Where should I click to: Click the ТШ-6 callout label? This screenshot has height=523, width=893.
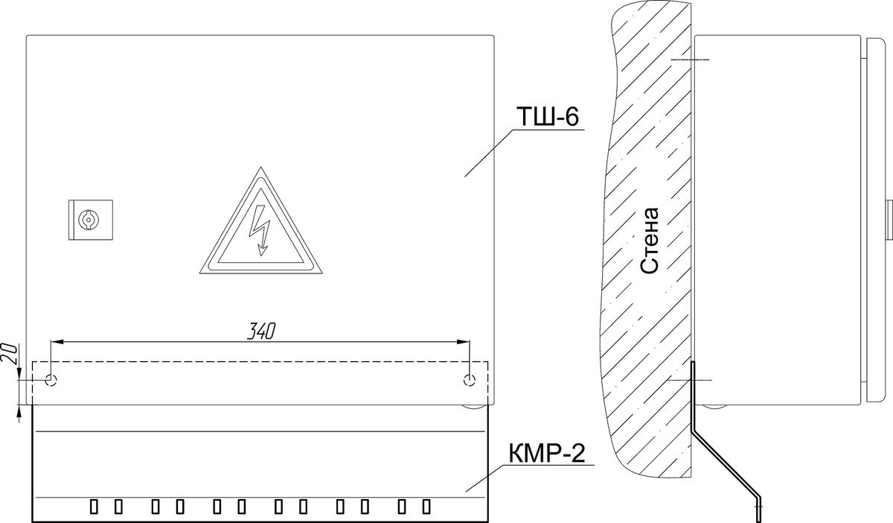548,116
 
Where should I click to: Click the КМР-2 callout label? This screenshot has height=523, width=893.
547,454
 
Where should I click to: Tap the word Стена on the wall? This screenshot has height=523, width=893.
650,241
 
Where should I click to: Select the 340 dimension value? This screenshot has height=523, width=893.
261,331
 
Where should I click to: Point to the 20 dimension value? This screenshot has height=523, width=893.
10,353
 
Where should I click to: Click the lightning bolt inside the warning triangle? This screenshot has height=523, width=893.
260,230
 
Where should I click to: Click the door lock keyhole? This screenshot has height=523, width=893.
88,220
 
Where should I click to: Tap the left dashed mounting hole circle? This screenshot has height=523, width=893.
51,380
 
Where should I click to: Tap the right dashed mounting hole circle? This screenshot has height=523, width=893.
470,380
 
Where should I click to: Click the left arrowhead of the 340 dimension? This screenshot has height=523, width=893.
57,342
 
